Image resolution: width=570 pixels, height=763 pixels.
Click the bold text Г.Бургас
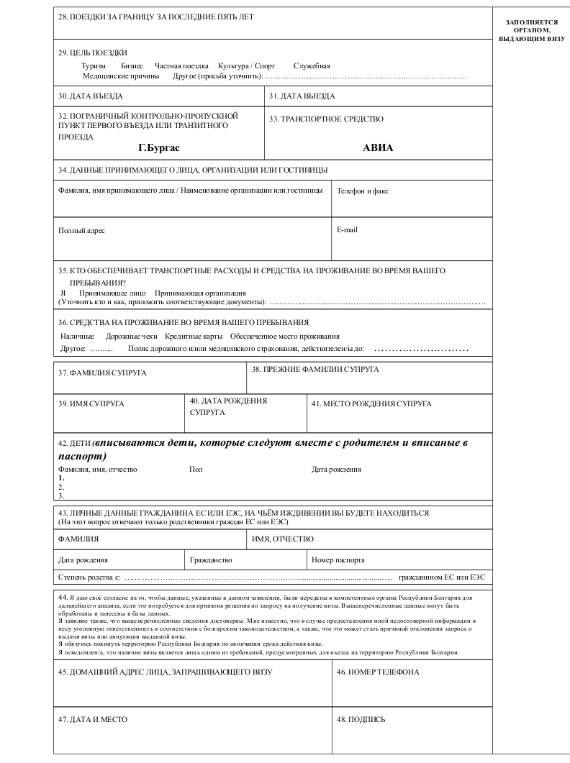(x=159, y=147)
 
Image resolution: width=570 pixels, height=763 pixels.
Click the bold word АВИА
(x=378, y=148)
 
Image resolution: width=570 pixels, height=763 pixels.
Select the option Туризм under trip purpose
(x=94, y=65)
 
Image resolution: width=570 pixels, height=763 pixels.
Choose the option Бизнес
(x=132, y=65)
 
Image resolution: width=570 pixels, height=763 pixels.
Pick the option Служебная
(x=312, y=65)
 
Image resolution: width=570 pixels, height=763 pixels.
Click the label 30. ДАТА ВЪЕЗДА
(x=91, y=96)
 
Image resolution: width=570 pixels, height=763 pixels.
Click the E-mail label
(x=347, y=230)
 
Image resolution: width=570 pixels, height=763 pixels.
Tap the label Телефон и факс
(x=363, y=191)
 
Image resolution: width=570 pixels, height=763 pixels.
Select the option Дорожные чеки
(x=131, y=336)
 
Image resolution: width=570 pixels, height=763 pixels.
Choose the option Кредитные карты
(x=193, y=336)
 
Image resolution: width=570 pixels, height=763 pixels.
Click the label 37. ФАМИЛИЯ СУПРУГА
(x=102, y=373)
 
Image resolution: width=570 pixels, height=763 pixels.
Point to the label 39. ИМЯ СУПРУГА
(x=91, y=403)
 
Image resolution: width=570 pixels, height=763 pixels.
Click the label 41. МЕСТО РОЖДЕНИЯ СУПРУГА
(x=371, y=403)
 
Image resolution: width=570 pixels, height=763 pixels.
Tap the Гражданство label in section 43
(x=212, y=559)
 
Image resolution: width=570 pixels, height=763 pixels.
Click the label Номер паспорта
(x=338, y=559)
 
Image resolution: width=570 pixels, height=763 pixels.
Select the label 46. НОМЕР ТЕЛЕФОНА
(x=378, y=672)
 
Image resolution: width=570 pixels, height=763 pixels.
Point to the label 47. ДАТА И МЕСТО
(x=94, y=718)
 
